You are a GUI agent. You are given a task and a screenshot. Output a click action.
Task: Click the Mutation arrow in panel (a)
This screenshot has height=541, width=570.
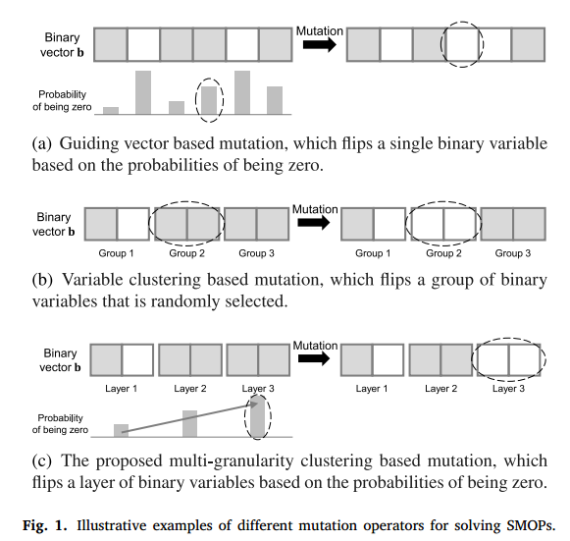pos(320,44)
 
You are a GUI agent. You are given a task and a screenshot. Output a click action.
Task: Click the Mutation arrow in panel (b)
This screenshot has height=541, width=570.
pos(314,222)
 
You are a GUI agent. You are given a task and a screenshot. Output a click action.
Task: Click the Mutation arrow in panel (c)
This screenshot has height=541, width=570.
pos(314,358)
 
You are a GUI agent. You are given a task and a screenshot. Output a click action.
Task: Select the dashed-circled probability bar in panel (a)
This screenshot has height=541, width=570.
pos(209,100)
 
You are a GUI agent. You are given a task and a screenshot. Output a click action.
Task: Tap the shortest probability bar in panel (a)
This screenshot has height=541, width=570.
pos(111,111)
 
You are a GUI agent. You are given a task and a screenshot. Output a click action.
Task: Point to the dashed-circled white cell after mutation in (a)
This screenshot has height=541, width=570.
pos(462,44)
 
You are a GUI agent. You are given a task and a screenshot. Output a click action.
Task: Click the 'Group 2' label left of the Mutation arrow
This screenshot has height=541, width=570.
pos(186,253)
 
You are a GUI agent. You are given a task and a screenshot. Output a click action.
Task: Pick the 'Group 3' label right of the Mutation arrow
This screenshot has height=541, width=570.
pos(512,253)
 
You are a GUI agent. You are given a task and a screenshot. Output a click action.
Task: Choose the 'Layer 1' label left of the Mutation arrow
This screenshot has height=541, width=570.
pos(121,389)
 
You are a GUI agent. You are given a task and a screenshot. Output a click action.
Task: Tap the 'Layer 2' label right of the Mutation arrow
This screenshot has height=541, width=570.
pos(440,389)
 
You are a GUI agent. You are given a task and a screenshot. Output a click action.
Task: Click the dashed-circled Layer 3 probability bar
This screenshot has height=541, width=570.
pos(258,416)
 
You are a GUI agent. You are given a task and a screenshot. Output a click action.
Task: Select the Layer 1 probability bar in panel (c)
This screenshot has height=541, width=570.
pos(121,430)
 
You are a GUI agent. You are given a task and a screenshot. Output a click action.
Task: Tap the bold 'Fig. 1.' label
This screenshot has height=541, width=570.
pos(45,525)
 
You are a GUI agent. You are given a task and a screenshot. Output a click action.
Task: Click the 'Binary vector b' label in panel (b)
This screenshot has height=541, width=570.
pos(53,224)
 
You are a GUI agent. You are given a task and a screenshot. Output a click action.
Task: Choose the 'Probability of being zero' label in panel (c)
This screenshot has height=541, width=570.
pos(60,424)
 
